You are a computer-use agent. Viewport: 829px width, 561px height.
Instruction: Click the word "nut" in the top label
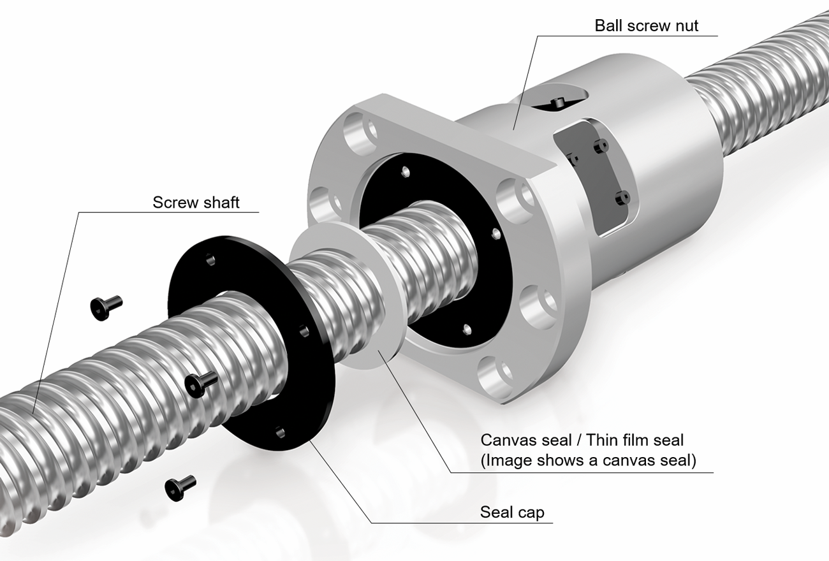pyautogui.click(x=687, y=25)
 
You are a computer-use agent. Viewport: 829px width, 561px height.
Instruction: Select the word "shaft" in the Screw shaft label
pyautogui.click(x=219, y=202)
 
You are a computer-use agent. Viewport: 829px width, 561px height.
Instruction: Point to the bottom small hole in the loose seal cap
pyautogui.click(x=280, y=433)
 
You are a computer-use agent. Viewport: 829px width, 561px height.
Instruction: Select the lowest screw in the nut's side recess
pyautogui.click(x=622, y=198)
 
